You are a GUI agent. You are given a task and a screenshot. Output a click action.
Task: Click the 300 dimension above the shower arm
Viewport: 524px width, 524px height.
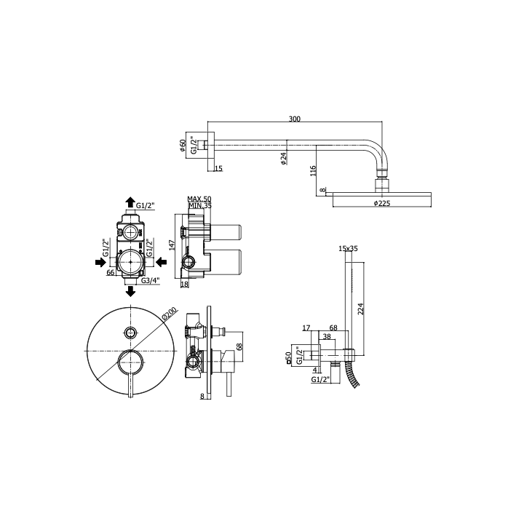tap(295, 119)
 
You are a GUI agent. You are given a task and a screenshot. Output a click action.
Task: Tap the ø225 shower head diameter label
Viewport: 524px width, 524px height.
tap(382, 203)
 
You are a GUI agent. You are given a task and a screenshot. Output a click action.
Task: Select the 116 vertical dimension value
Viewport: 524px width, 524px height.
tap(313, 171)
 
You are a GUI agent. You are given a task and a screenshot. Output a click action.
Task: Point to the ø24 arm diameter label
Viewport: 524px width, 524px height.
tap(284, 159)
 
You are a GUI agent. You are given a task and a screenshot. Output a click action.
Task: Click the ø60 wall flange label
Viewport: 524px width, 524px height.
tap(183, 146)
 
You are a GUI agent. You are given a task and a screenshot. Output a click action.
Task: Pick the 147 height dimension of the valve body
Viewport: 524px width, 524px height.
tap(172, 245)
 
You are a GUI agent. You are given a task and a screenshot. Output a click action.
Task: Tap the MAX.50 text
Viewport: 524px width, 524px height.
tap(199, 199)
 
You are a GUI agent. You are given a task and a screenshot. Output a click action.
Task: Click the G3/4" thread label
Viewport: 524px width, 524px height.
tap(151, 280)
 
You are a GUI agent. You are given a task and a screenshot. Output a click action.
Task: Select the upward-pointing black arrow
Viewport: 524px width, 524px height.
tap(130, 202)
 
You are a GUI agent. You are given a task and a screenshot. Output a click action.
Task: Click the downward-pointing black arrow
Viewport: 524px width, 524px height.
tap(131, 291)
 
